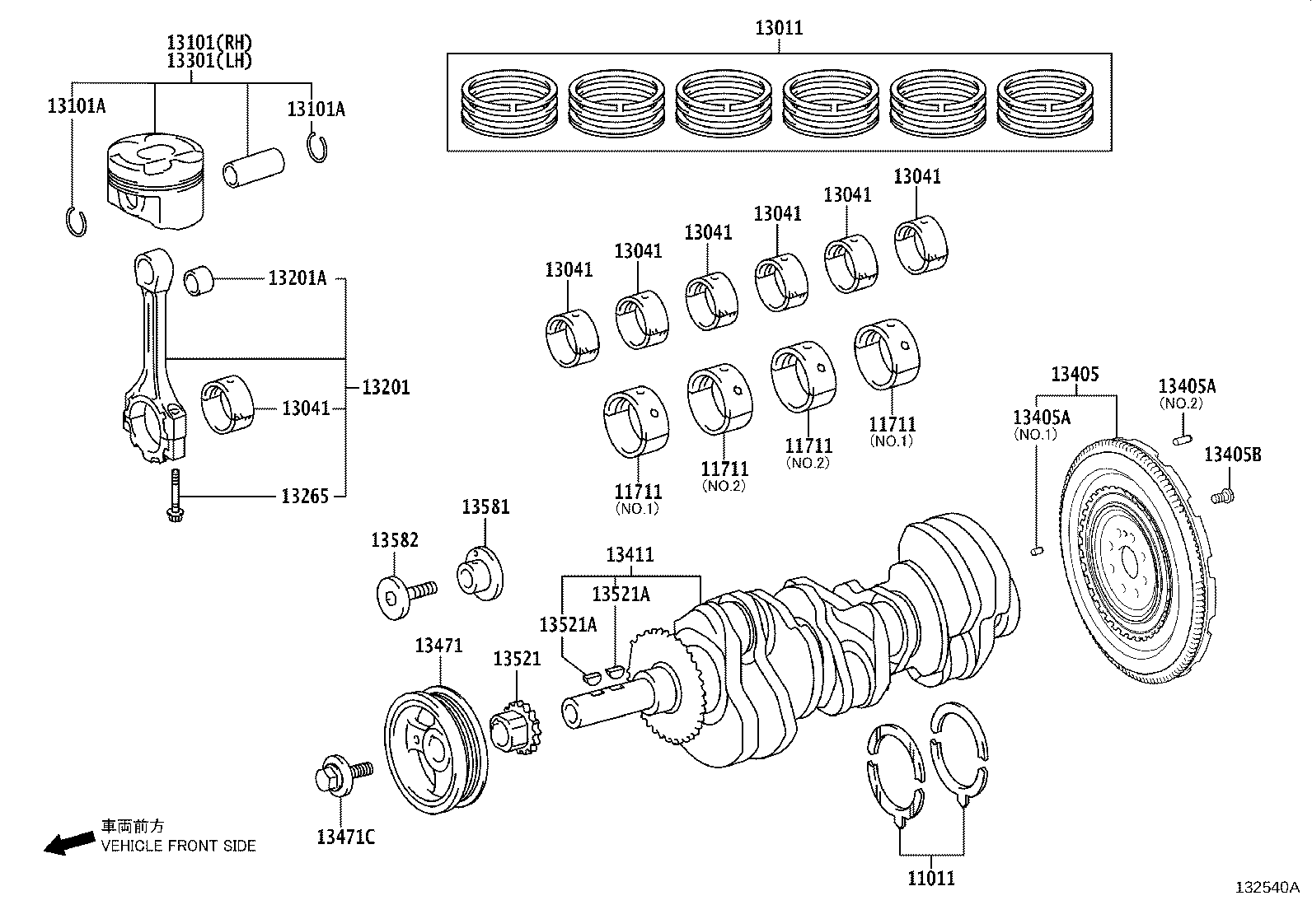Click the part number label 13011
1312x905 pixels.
pos(779,29)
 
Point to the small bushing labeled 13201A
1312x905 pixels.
pos(198,280)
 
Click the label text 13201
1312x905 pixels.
pos(387,387)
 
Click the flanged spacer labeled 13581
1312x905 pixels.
pos(481,573)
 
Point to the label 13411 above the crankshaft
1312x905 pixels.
pos(630,555)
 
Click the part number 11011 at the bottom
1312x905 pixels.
pos(931,878)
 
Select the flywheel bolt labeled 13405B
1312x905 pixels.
pos(1223,496)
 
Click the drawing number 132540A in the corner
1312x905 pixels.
pos(1266,888)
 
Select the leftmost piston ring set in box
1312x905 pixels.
pos(509,103)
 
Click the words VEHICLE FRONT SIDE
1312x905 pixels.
pos(178,846)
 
